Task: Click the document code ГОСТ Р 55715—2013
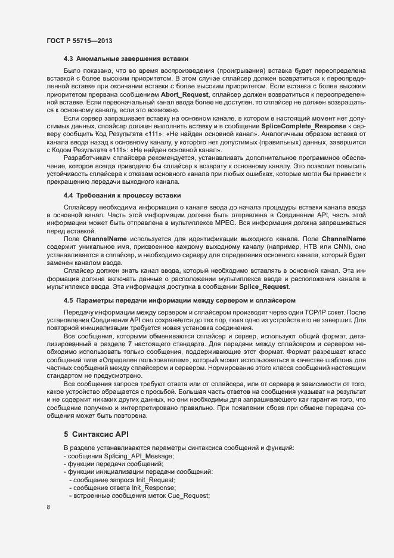(79, 41)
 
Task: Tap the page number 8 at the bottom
(48, 507)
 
